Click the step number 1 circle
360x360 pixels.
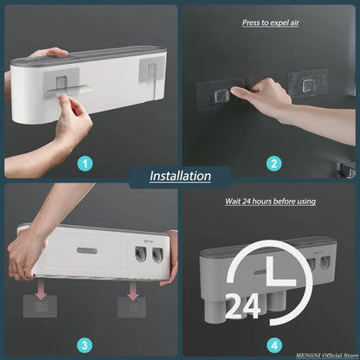coord(84,163)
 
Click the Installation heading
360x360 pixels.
coord(180,176)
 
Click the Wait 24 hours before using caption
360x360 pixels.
coord(271,201)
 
